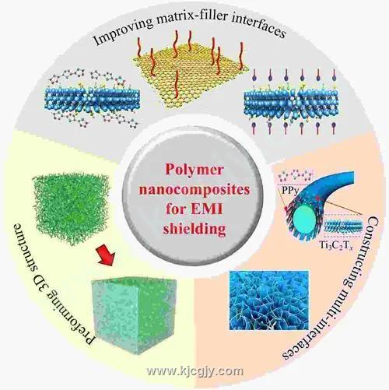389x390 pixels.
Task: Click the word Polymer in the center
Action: [194, 170]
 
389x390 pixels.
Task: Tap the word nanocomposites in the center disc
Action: [194, 189]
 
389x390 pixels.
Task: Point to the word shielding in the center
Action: [194, 228]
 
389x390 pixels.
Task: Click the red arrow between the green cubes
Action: [105, 256]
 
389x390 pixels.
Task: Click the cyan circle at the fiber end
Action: [305, 220]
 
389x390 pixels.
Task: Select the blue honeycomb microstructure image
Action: [269, 300]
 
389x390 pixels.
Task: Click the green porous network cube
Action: [71, 209]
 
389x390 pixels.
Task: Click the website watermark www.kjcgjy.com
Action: [194, 371]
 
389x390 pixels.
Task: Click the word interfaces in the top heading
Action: [265, 28]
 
